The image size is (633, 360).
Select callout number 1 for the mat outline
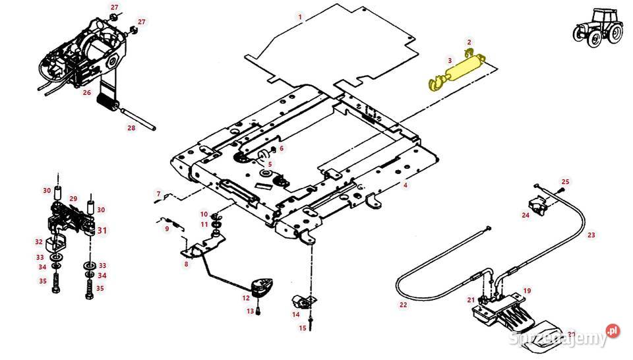pos(300,16)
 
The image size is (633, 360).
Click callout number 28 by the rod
pos(131,128)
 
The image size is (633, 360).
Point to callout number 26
pos(86,93)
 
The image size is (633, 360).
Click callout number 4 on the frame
pos(406,186)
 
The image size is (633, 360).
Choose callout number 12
pos(246,298)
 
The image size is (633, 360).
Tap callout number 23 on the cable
pos(591,234)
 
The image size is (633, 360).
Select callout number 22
pos(403,305)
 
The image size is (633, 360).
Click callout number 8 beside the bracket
pos(186,264)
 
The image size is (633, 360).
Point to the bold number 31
pos(102,230)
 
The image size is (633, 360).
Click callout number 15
pos(303,328)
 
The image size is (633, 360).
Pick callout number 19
pos(527,290)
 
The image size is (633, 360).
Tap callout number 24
pos(526,215)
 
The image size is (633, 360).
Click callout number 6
pos(281,149)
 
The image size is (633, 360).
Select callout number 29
pos(74,198)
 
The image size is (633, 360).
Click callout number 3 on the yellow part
pos(450,61)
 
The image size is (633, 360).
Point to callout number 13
pos(250,311)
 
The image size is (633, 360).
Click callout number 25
pos(565,181)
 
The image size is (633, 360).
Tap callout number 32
pos(40,242)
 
